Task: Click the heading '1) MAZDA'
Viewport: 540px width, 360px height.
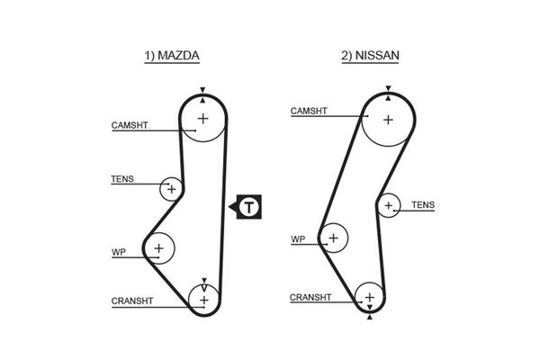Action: coord(172,56)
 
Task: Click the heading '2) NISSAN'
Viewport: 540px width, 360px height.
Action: coord(369,56)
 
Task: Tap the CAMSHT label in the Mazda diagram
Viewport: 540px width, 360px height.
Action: coord(130,126)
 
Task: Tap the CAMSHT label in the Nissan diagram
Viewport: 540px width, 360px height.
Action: coord(308,112)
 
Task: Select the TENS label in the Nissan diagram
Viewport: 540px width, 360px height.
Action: coord(423,205)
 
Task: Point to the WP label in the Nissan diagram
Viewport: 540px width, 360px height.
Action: coord(298,239)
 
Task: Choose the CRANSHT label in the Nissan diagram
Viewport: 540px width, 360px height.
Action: coord(310,297)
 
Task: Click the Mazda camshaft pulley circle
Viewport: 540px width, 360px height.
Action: coord(202,118)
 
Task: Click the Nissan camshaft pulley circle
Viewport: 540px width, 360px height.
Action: coord(388,119)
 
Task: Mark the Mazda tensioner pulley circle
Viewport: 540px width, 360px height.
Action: coord(171,189)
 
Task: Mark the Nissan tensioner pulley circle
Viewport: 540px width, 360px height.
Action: coord(389,205)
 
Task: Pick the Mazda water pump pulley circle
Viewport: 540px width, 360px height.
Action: coord(159,247)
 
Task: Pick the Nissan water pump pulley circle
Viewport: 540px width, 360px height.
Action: coord(334,238)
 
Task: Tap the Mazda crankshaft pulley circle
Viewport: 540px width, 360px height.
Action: coord(204,299)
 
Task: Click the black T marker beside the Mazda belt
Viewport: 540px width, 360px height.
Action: coord(247,207)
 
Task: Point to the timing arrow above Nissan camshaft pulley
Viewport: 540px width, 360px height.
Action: coord(388,88)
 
